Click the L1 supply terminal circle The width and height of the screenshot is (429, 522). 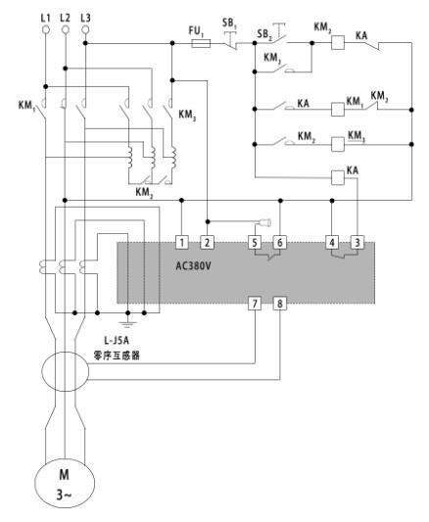pyautogui.click(x=46, y=29)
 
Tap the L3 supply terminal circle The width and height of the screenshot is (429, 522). pyautogui.click(x=85, y=29)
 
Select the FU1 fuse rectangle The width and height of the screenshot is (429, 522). pyautogui.click(x=201, y=43)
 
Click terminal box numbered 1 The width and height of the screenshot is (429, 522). pyautogui.click(x=182, y=242)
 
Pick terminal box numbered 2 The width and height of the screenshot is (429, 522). pyautogui.click(x=207, y=242)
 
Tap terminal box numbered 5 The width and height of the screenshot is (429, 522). pyautogui.click(x=255, y=242)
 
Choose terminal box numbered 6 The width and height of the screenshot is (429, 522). pyautogui.click(x=280, y=242)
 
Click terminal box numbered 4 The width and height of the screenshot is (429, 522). pyautogui.click(x=332, y=242)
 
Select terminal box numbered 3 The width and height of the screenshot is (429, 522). pyautogui.click(x=357, y=242)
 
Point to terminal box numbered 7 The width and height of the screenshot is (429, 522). pyautogui.click(x=255, y=304)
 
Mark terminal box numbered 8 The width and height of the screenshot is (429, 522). pyautogui.click(x=280, y=304)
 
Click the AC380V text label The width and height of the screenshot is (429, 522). pyautogui.click(x=193, y=266)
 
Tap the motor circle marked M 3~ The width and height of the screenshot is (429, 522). pyautogui.click(x=65, y=483)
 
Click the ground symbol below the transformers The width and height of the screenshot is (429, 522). pyautogui.click(x=127, y=321)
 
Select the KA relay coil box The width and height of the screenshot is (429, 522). pyautogui.click(x=338, y=177)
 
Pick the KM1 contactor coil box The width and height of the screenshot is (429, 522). pyautogui.click(x=338, y=109)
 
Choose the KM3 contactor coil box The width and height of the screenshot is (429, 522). pyautogui.click(x=338, y=144)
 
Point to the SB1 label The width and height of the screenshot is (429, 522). pyautogui.click(x=229, y=24)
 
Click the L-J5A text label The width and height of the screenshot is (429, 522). pyautogui.click(x=117, y=341)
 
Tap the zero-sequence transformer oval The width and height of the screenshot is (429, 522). pyautogui.click(x=66, y=371)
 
